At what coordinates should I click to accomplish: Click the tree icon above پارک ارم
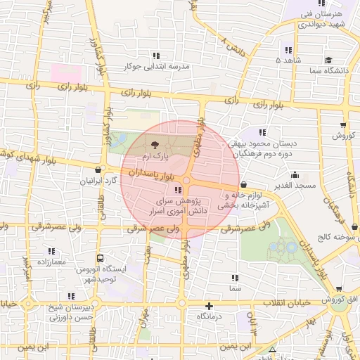pos(153,143)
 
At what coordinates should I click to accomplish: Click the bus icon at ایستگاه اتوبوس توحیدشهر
pos(101,258)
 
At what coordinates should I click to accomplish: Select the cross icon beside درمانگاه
pos(209,306)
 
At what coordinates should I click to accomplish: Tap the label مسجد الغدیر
pos(295,185)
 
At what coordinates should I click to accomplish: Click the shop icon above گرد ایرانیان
pos(97,169)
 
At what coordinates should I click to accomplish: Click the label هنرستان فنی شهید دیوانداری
pos(319,19)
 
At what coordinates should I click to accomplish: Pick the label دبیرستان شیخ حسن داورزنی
pos(71,312)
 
